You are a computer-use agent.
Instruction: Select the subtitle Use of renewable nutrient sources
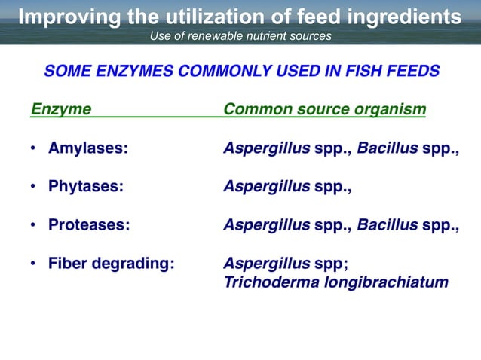coord(240,35)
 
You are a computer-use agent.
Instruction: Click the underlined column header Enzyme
coord(60,110)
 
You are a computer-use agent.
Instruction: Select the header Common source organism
coord(325,110)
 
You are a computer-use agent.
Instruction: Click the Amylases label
coord(87,148)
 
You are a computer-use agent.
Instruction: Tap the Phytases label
coord(85,187)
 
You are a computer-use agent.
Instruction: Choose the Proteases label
coord(88,225)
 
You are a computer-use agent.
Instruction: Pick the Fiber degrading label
coord(112,264)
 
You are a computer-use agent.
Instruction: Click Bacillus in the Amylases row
coord(387,148)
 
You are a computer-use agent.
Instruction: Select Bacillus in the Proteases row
coord(387,225)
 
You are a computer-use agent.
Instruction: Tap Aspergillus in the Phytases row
coord(266,187)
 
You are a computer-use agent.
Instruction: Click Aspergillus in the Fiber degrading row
coord(266,264)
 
